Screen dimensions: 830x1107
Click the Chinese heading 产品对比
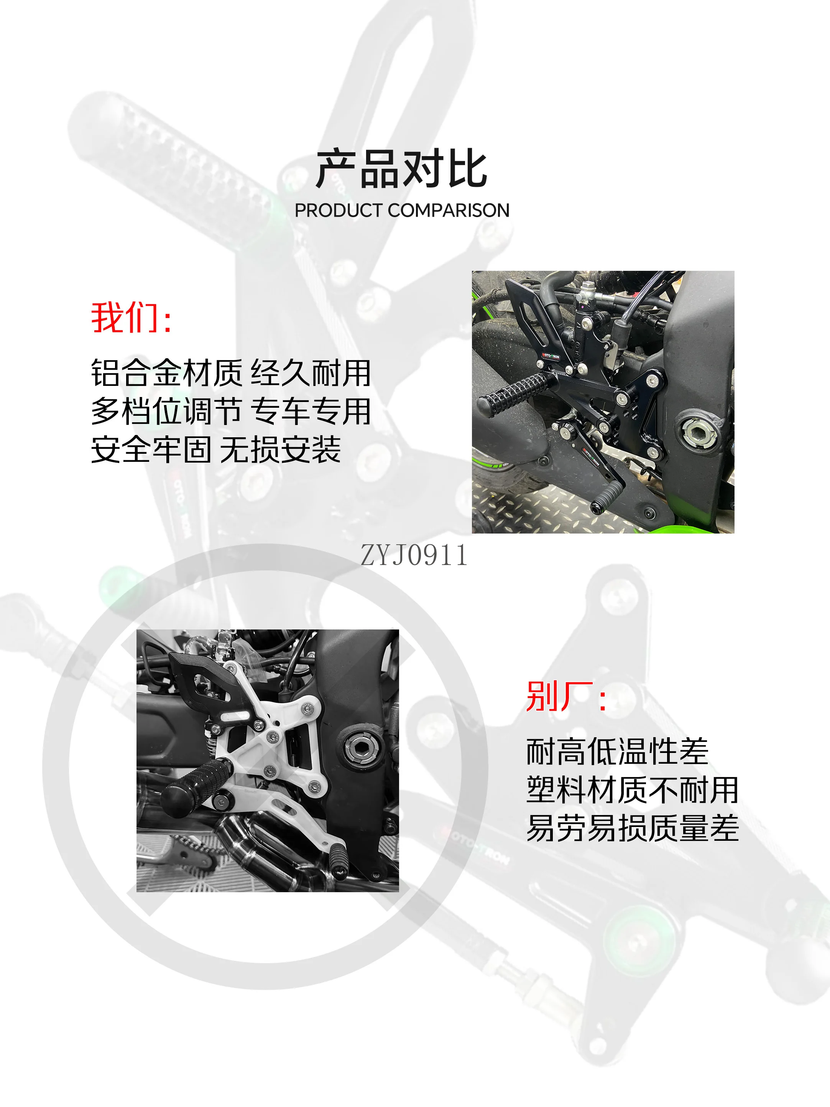click(x=402, y=169)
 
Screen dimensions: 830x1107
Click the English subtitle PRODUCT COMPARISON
click(x=402, y=211)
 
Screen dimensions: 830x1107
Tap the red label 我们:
click(x=131, y=318)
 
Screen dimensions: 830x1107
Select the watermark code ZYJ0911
click(x=414, y=555)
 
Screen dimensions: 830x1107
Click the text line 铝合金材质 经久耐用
click(x=231, y=373)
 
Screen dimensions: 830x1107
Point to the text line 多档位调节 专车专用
click(x=231, y=411)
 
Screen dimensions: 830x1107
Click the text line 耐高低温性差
click(x=617, y=752)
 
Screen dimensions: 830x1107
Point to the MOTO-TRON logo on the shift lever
click(x=591, y=456)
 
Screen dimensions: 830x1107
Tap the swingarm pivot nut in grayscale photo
click(x=360, y=749)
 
